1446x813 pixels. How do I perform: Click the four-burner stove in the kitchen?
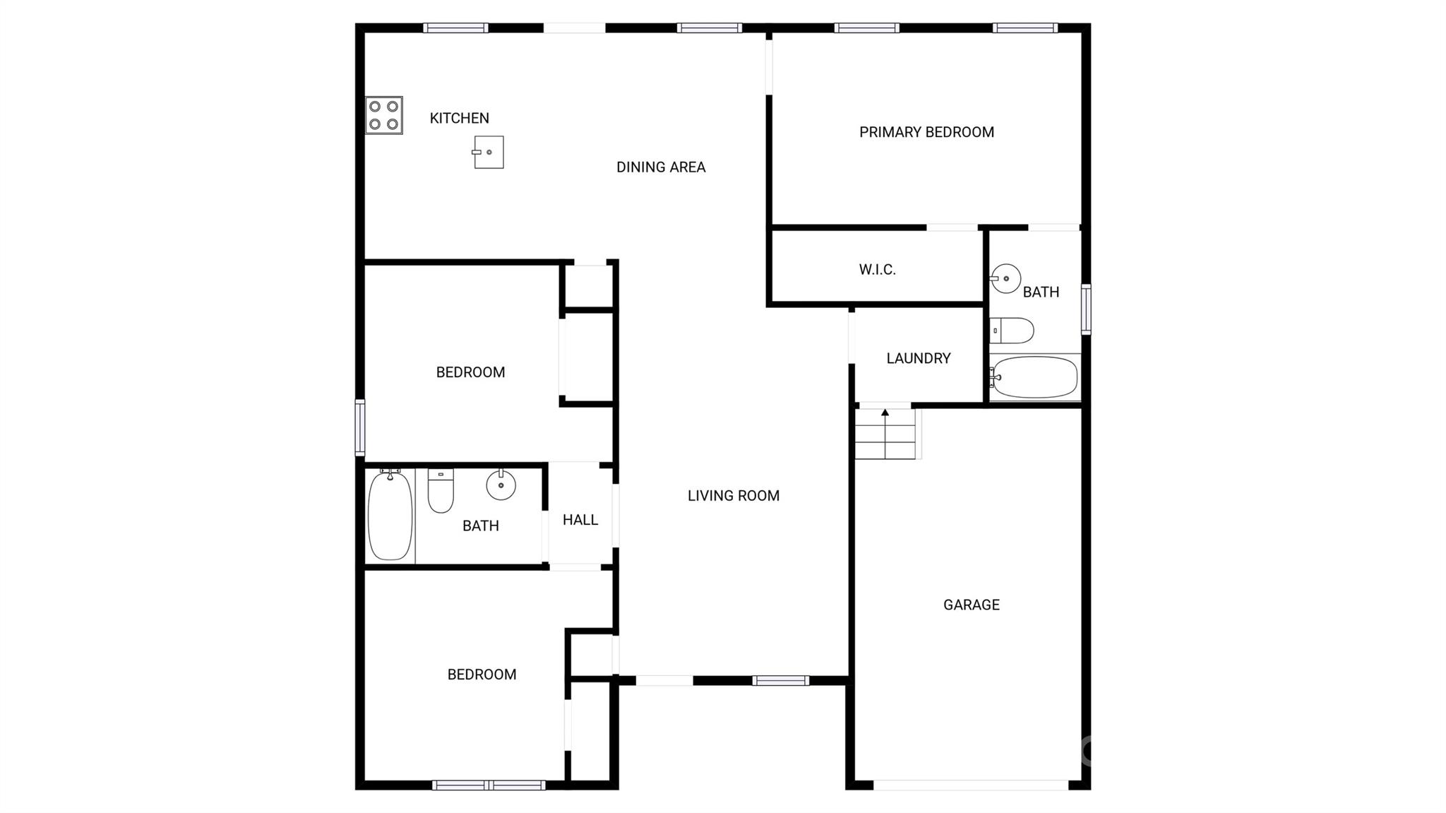(384, 116)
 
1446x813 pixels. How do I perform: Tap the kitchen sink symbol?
(489, 152)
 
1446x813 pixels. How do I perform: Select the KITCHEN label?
(459, 118)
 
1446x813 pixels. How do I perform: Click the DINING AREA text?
(661, 167)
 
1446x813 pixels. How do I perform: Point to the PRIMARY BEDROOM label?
(926, 132)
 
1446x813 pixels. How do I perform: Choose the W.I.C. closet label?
(877, 269)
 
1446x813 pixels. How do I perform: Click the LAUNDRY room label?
(918, 358)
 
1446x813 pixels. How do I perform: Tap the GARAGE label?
(971, 605)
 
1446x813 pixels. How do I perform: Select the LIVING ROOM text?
(734, 496)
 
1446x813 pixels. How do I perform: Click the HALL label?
(580, 520)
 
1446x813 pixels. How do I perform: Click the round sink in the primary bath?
(1005, 278)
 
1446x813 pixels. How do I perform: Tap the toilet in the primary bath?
(1012, 330)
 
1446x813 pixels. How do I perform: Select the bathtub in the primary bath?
(1034, 377)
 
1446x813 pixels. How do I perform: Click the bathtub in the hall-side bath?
(390, 515)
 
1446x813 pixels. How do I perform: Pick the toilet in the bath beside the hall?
(441, 491)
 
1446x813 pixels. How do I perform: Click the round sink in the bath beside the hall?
(501, 485)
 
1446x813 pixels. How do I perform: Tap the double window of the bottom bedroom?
(489, 785)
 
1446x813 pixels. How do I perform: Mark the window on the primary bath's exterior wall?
(1086, 309)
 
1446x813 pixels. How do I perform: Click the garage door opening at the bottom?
(971, 785)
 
